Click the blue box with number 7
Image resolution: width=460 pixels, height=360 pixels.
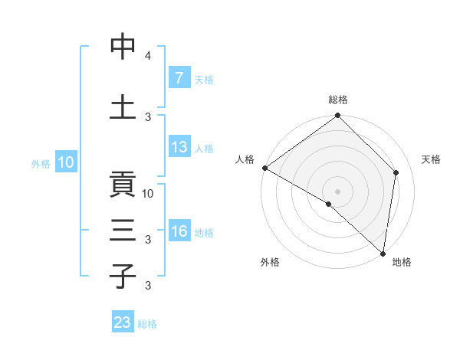tap(179, 77)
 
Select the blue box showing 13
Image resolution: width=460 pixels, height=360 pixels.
tap(179, 148)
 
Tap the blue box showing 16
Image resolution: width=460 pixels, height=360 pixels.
tap(179, 232)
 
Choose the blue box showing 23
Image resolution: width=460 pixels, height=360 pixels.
tap(123, 322)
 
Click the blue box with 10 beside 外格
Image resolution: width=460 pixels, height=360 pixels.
tap(65, 162)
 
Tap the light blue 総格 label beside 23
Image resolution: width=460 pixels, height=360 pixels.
tap(147, 323)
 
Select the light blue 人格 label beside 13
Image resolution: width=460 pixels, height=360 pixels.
tap(204, 149)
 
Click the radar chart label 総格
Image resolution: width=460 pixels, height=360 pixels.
tap(338, 100)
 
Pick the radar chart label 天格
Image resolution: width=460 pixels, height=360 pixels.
tap(431, 160)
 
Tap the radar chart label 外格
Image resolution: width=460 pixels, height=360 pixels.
tap(270, 262)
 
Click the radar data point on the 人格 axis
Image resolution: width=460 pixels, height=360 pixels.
tap(264, 168)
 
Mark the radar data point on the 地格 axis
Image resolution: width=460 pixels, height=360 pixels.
tap(383, 253)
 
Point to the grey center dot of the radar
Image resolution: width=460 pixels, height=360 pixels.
tap(337, 191)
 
